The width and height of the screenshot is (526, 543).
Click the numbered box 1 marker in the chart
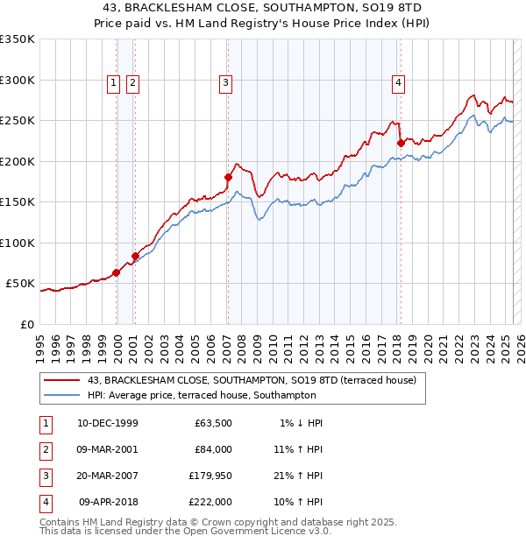point(114,83)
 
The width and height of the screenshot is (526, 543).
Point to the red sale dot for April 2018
point(401,143)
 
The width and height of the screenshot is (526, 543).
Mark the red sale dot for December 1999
point(117,272)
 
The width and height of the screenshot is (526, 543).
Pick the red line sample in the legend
point(61,380)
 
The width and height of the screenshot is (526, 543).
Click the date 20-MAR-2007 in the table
point(107,476)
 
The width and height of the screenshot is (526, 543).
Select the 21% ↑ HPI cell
point(297,476)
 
